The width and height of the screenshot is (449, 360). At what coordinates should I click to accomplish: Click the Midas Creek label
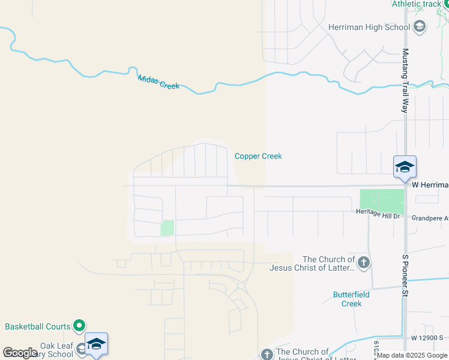click(158, 82)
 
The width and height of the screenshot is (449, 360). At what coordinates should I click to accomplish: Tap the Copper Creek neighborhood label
click(258, 156)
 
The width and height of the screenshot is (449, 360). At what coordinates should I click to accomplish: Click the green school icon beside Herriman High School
click(420, 26)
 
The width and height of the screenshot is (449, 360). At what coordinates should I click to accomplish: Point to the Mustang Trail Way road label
click(405, 81)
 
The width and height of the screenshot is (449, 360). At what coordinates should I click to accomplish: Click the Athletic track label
click(416, 4)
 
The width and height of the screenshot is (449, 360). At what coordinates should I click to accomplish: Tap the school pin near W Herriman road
click(405, 167)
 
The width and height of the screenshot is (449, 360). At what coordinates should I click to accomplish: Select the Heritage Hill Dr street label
click(378, 214)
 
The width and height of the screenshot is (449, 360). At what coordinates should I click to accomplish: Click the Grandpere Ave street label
click(430, 218)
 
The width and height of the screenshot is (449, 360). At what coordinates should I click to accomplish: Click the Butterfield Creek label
click(351, 299)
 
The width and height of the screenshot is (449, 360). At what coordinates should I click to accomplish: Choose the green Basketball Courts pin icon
click(79, 326)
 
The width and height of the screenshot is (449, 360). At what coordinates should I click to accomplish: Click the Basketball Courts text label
click(38, 326)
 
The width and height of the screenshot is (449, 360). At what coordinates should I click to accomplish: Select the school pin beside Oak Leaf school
click(96, 344)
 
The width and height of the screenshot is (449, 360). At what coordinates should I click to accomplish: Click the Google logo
click(20, 353)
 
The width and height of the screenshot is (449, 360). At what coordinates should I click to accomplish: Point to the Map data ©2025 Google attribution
click(412, 356)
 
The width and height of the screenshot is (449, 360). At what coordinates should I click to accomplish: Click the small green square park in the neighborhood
click(167, 228)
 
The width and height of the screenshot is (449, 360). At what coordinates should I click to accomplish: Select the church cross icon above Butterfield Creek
click(363, 262)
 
